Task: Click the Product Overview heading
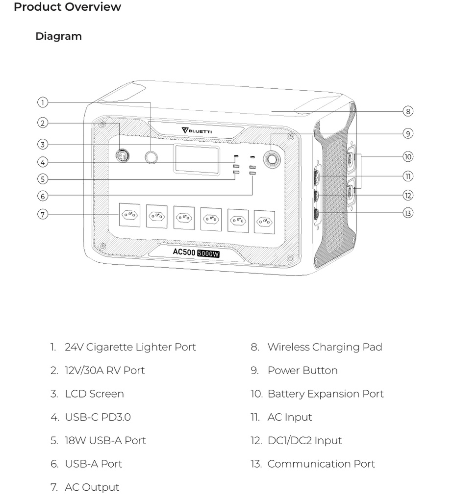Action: coord(67,7)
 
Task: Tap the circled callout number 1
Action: coord(43,102)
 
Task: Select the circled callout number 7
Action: coord(43,214)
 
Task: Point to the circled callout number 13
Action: coord(408,213)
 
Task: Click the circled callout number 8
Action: coord(408,111)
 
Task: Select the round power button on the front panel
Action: coord(272,159)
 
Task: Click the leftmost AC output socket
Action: coord(129,215)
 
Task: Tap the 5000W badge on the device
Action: coord(208,253)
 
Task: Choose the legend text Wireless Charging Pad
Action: coord(325,347)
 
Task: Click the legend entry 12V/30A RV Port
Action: coord(104,371)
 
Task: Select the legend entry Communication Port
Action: coord(321,464)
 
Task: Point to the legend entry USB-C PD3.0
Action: coord(98,417)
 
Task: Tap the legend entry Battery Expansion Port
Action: coord(325,394)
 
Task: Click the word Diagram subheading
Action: coord(58,36)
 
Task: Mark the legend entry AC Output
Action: coord(92,487)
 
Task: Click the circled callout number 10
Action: coord(408,157)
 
